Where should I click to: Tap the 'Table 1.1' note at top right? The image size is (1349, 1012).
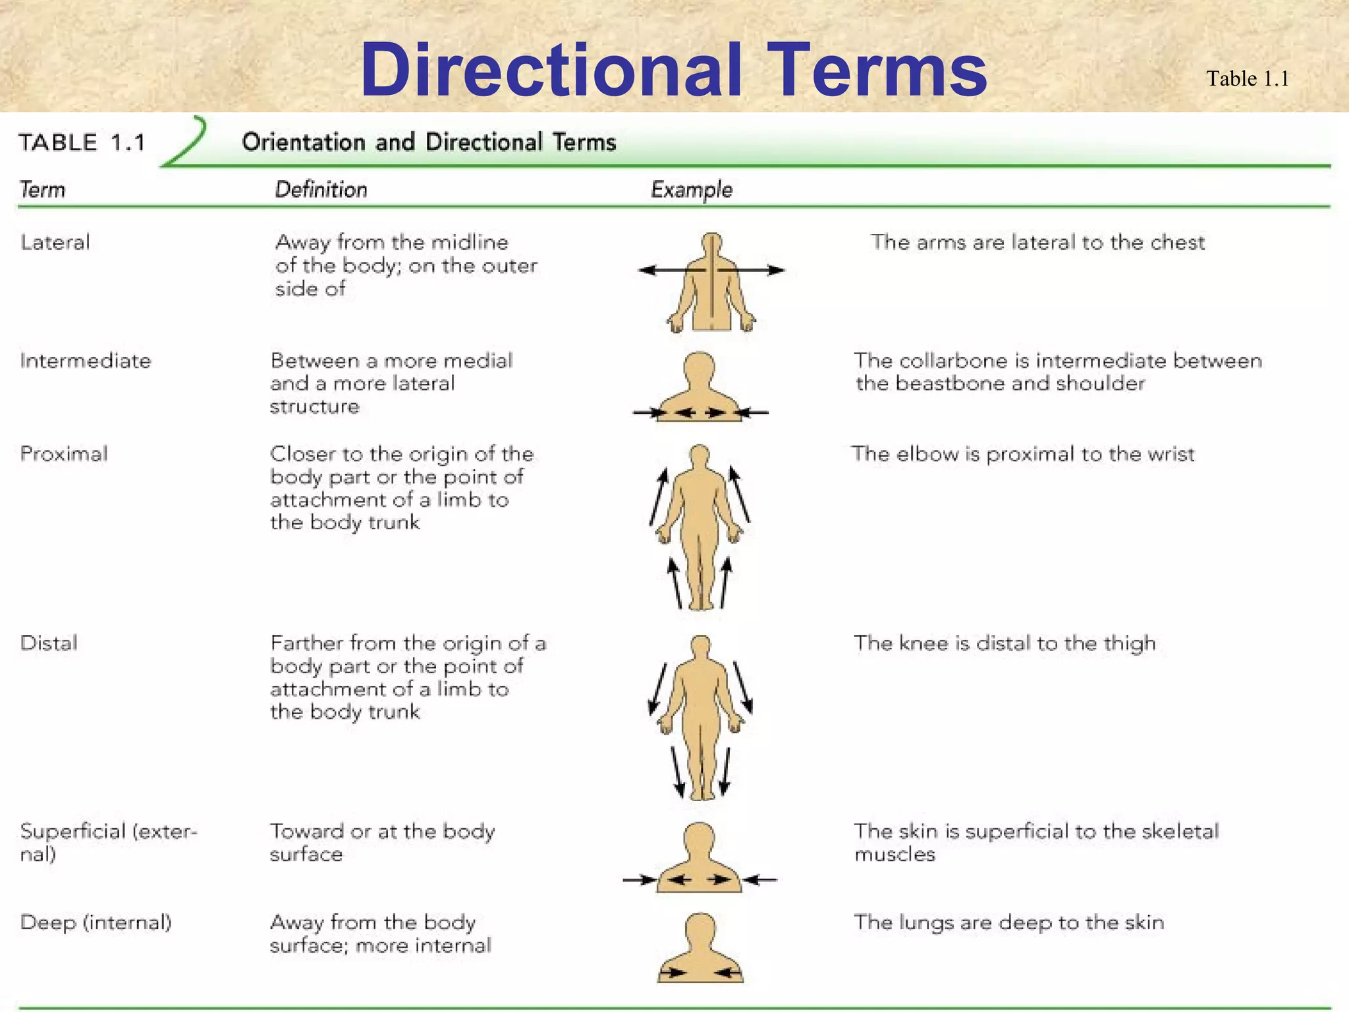pyautogui.click(x=1247, y=79)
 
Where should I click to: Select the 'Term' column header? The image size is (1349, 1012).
pyautogui.click(x=43, y=190)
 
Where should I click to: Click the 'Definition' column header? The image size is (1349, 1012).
pyautogui.click(x=321, y=190)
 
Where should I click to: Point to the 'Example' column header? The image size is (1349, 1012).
pyautogui.click(x=692, y=190)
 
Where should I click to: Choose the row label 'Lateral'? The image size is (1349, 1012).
pyautogui.click(x=55, y=242)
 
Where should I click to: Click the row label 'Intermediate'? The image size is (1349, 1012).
pyautogui.click(x=86, y=361)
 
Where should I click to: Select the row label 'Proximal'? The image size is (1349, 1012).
pyautogui.click(x=64, y=454)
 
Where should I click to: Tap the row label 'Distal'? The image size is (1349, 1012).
pyautogui.click(x=49, y=643)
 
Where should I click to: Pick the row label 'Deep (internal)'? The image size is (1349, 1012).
pyautogui.click(x=96, y=922)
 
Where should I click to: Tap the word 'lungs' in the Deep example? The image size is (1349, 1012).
pyautogui.click(x=927, y=922)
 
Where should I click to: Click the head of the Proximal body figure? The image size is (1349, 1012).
pyautogui.click(x=700, y=455)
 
